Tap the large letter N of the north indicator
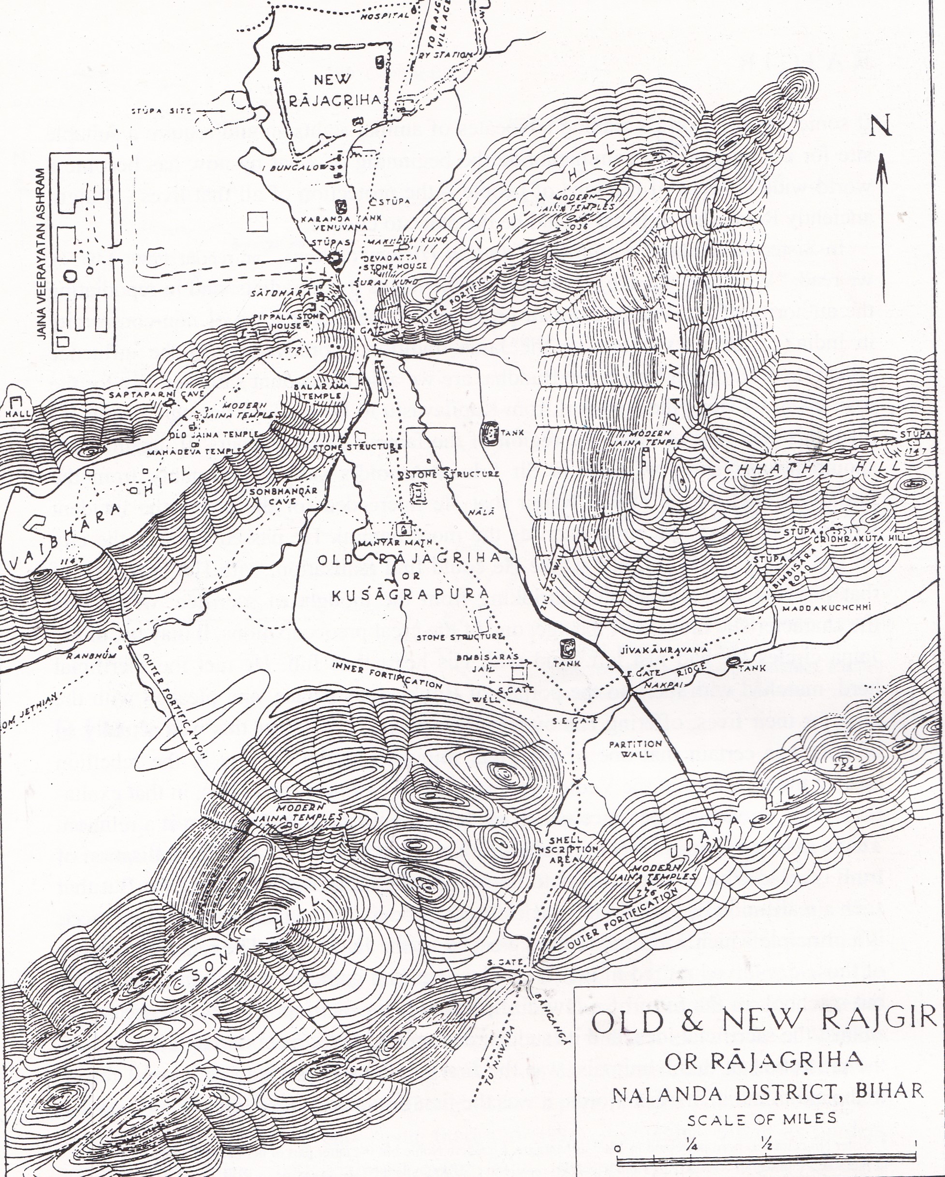(x=880, y=126)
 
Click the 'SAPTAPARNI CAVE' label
(x=156, y=394)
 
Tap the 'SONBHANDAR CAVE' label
(x=283, y=496)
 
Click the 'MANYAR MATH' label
(x=395, y=542)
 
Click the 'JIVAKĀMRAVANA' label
(x=664, y=650)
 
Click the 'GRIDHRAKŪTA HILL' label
(x=861, y=538)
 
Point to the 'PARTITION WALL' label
(x=635, y=749)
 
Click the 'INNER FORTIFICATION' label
(x=387, y=675)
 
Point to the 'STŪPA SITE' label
(x=160, y=111)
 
